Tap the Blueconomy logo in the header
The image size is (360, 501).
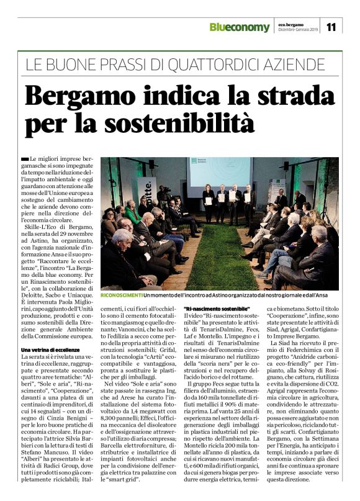(240, 27)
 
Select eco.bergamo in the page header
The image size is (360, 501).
(289, 24)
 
